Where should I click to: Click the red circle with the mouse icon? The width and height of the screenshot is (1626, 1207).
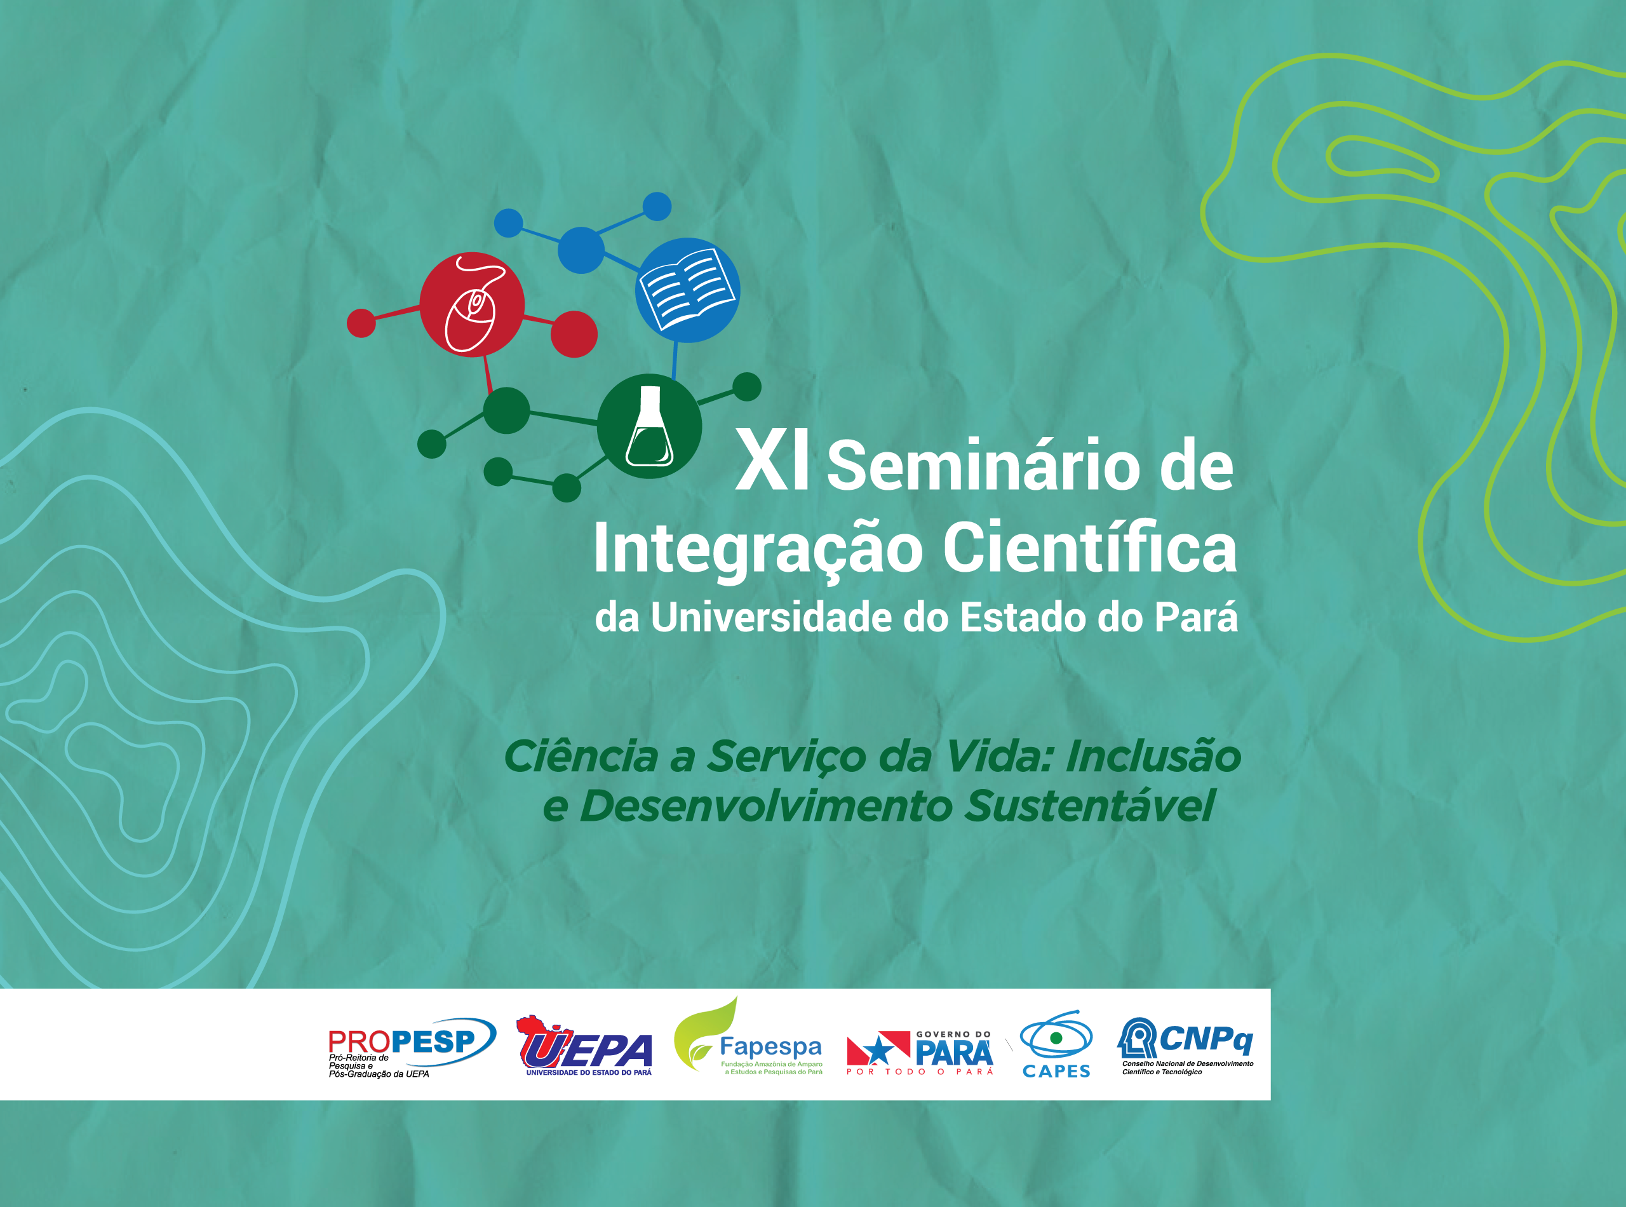click(x=472, y=304)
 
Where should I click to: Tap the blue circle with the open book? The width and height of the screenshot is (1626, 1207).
click(x=687, y=290)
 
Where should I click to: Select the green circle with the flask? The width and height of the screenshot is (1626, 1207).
click(x=649, y=427)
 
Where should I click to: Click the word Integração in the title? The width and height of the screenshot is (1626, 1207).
click(x=758, y=550)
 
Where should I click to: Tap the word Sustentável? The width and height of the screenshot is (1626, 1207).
click(x=1090, y=806)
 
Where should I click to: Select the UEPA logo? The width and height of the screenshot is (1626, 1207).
click(x=584, y=1046)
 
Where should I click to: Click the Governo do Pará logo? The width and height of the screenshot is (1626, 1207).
click(x=920, y=1053)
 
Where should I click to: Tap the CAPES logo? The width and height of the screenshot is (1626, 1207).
click(x=1056, y=1044)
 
